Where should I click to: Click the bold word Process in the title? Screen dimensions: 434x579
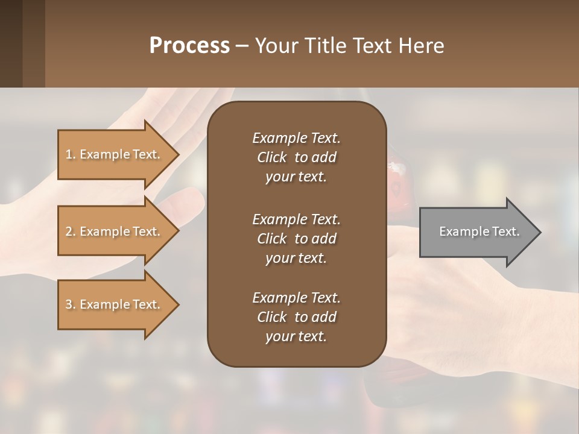[x=189, y=46]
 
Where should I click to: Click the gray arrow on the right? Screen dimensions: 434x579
[x=476, y=231]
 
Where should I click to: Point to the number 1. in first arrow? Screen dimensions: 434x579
[x=70, y=154]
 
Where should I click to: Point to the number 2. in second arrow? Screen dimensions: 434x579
[x=70, y=231]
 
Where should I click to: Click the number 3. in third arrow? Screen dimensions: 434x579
[x=70, y=304]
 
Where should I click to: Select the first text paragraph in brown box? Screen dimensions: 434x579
[x=296, y=157]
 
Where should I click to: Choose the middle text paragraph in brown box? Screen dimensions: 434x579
[x=296, y=239]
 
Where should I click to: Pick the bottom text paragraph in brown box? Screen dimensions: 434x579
[x=296, y=317]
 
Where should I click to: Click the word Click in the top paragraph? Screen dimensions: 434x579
[x=271, y=157]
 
